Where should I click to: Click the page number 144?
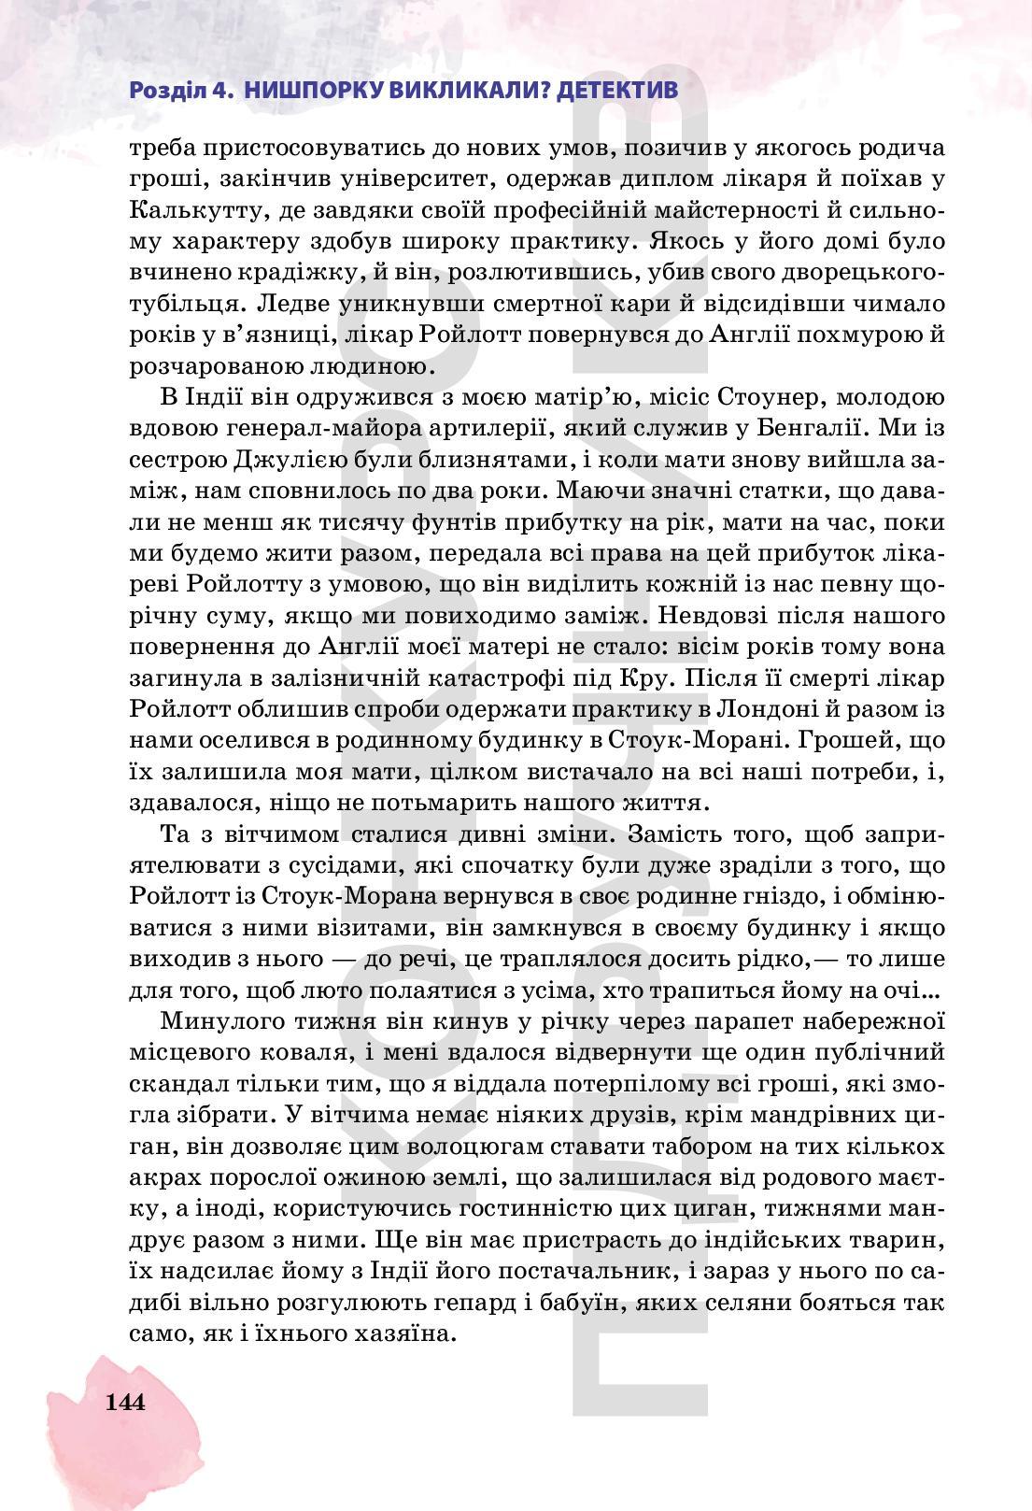coord(125,1402)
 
